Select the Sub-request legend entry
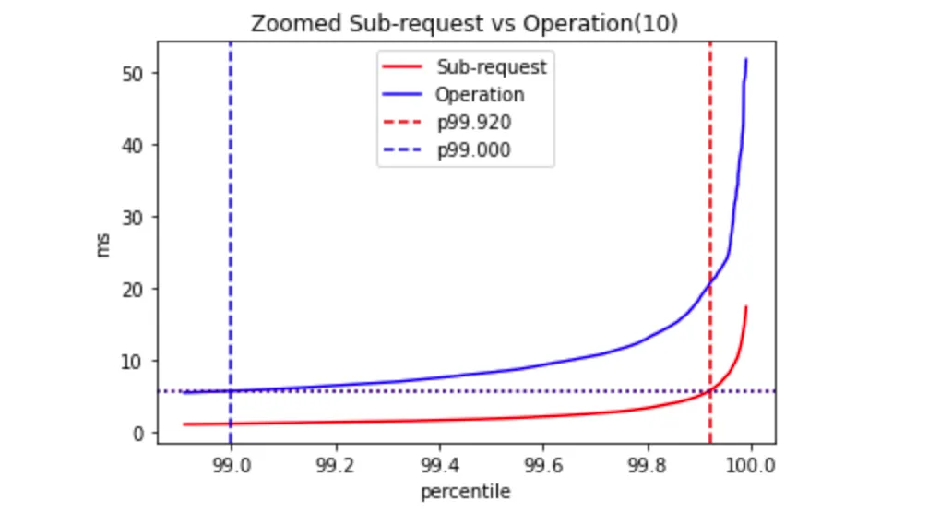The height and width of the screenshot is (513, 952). click(491, 67)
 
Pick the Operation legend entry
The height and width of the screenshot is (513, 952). click(480, 95)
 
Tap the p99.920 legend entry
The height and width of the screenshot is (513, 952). click(474, 123)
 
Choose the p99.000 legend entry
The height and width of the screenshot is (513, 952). click(474, 150)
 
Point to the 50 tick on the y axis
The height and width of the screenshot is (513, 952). click(135, 73)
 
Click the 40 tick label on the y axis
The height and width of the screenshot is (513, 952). click(135, 145)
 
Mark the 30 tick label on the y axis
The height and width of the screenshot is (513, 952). click(135, 217)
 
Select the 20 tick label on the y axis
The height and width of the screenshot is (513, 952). click(135, 289)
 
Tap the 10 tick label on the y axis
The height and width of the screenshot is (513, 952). click(135, 361)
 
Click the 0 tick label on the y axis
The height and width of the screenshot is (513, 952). click(139, 433)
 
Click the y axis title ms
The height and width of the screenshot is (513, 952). click(104, 245)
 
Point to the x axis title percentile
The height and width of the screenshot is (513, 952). click(465, 492)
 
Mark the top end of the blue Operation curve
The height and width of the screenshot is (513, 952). click(746, 60)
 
